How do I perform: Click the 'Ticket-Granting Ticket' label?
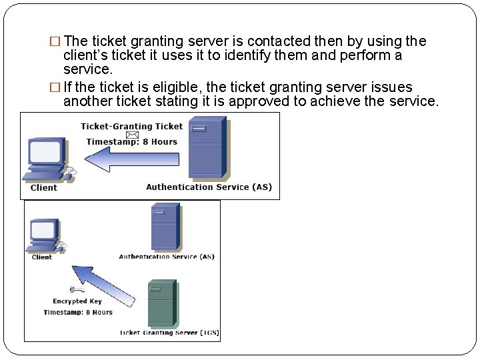click(x=131, y=127)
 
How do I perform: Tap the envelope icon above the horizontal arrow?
click(x=133, y=135)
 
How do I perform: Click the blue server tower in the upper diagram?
click(x=207, y=147)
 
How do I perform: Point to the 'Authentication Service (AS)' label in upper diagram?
click(x=209, y=187)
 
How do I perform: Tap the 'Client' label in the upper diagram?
click(x=44, y=188)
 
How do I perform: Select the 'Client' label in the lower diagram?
click(x=42, y=257)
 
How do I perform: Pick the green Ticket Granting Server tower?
click(x=161, y=303)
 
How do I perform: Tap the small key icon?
click(x=77, y=289)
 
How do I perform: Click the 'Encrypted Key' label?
click(x=77, y=301)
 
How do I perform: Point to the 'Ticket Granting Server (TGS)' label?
click(x=169, y=333)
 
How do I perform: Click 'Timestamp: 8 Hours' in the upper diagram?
click(x=131, y=142)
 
